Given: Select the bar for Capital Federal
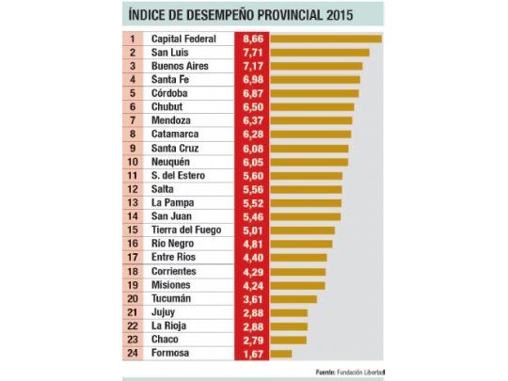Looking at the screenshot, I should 324,40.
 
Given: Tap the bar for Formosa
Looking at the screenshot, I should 279,354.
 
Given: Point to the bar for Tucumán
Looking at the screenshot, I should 292,299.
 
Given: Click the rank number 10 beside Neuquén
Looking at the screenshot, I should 133,163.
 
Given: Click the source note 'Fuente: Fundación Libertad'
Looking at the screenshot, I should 350,371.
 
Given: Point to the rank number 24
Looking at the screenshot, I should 133,354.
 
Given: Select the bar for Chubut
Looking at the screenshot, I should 311,108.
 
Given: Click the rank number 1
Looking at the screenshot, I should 133,40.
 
